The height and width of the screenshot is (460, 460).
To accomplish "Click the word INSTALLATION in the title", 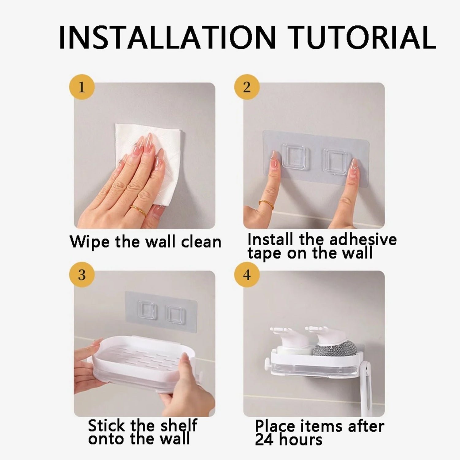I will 167,37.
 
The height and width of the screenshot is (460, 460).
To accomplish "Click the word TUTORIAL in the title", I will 362,37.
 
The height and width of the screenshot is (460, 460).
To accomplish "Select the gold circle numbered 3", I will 82,274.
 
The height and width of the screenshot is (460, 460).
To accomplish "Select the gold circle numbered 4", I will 247,274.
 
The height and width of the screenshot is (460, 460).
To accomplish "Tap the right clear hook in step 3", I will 176,315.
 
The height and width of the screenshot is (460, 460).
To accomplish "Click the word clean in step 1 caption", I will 201,242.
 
